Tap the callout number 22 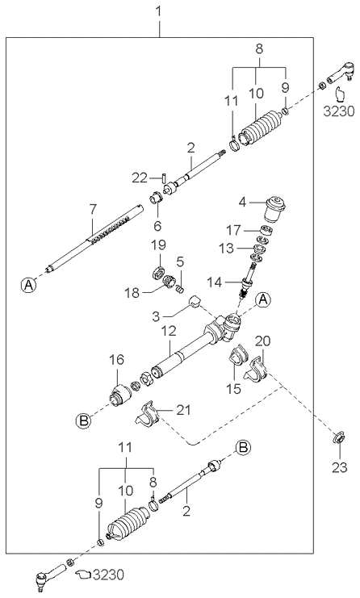coord(139,177)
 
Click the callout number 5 coord(182,261)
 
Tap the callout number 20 coord(263,341)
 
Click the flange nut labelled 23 coord(339,440)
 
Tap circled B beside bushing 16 coord(83,420)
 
